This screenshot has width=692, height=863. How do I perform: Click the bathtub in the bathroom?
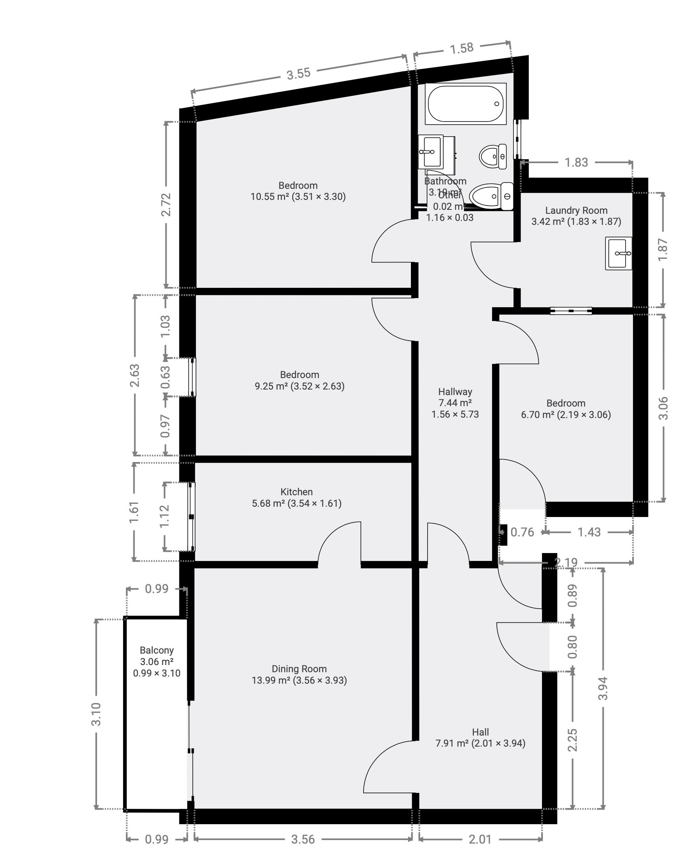[x=465, y=104]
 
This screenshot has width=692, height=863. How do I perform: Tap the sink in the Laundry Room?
[x=618, y=253]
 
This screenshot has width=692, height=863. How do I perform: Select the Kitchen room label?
[x=296, y=492]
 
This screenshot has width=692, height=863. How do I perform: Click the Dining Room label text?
[x=299, y=669]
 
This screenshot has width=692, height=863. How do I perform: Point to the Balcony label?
[x=156, y=650]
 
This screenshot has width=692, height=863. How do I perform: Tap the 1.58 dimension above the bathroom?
[x=462, y=48]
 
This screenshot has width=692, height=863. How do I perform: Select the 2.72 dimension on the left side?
[x=166, y=205]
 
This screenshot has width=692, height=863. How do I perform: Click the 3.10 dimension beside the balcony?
[x=96, y=714]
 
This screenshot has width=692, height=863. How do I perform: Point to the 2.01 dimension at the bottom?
[x=479, y=839]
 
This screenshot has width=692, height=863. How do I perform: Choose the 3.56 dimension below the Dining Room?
[x=302, y=839]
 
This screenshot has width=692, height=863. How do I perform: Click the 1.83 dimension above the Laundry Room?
[x=576, y=163]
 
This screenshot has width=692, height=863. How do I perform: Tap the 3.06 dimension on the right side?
[x=663, y=408]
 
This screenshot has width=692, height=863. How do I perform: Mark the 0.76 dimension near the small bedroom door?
[x=522, y=532]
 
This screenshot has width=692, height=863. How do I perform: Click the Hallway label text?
[x=455, y=392]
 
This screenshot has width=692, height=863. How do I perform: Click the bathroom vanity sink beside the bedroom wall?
[x=432, y=152]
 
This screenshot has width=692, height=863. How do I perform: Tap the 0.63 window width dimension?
[x=165, y=377]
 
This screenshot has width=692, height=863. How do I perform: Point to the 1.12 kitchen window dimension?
[x=165, y=516]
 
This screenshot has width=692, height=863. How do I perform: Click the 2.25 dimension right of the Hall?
[x=572, y=740]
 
